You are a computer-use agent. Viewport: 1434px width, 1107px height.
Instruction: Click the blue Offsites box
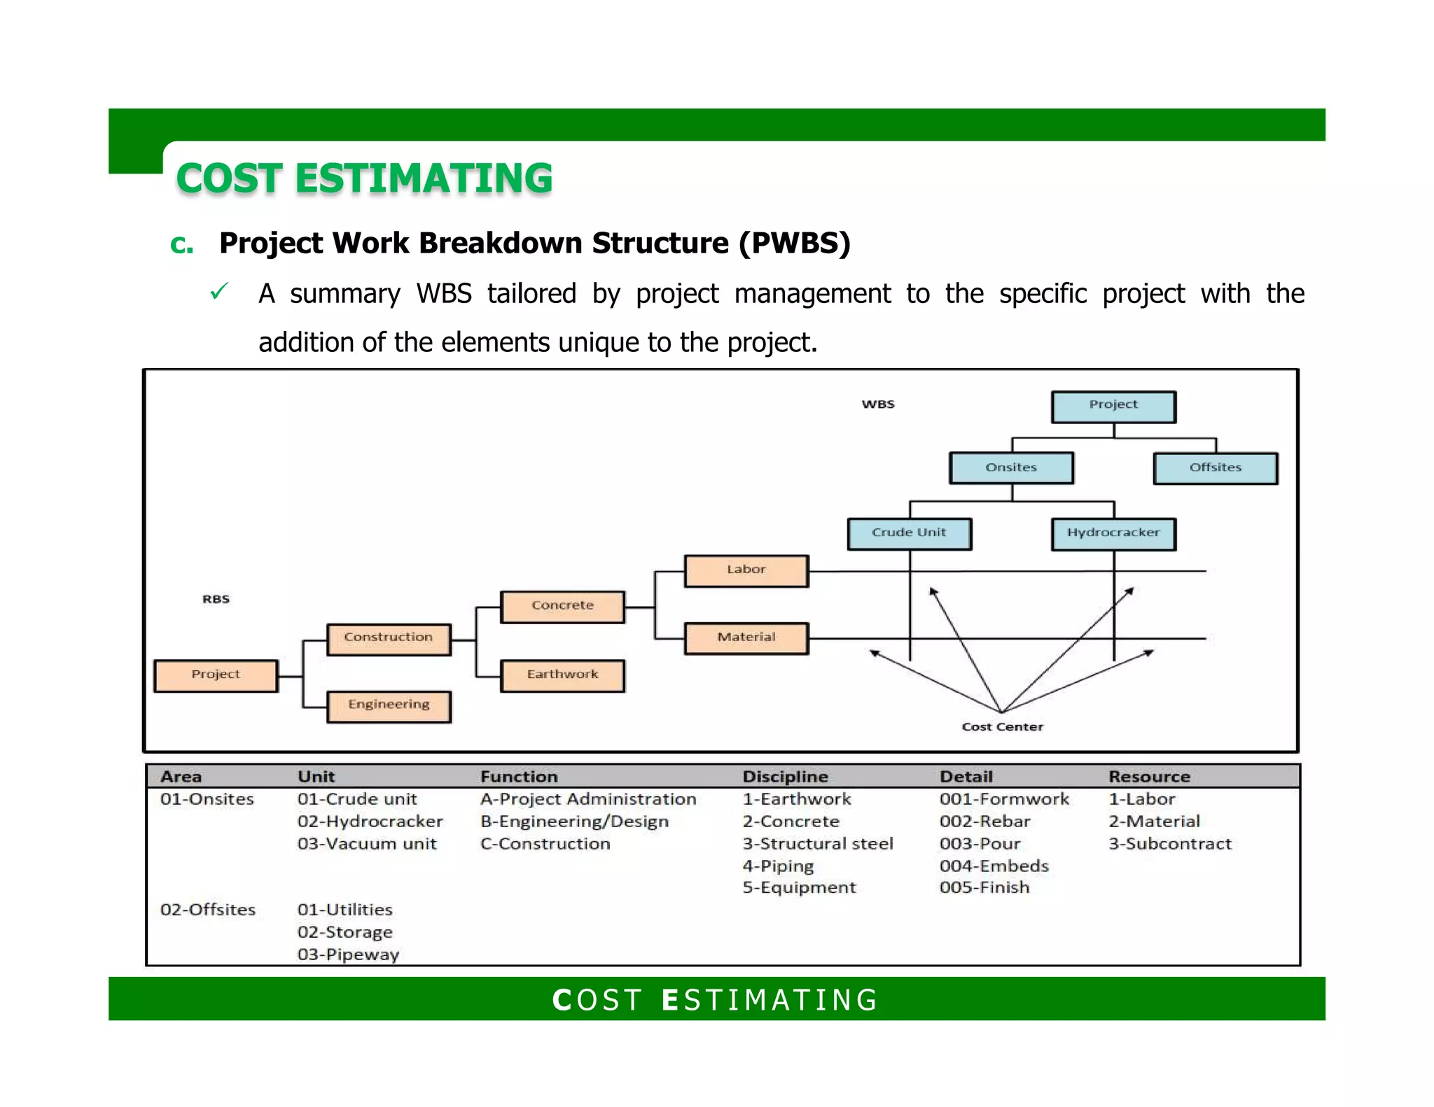tap(1215, 468)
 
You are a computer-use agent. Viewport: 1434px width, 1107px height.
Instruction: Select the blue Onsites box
tap(1011, 468)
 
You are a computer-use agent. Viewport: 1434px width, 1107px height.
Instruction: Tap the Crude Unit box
tap(909, 533)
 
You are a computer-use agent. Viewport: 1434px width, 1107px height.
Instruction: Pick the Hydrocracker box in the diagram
tap(1113, 533)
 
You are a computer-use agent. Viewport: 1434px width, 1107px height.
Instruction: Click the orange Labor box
tap(746, 570)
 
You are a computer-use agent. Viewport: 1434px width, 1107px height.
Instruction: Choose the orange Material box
tap(746, 637)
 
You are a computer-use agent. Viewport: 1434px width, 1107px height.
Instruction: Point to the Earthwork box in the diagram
tap(562, 675)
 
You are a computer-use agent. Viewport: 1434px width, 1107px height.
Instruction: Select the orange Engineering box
tap(389, 705)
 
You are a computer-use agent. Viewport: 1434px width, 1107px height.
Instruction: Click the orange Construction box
tap(389, 638)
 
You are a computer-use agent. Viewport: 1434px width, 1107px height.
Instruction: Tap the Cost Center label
tap(1002, 727)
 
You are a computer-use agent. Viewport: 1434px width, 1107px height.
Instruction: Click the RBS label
tap(216, 599)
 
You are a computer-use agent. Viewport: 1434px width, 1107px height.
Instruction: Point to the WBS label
tap(878, 404)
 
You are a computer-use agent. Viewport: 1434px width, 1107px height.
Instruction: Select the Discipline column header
tap(785, 777)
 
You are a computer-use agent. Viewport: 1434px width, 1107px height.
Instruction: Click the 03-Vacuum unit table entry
tap(366, 844)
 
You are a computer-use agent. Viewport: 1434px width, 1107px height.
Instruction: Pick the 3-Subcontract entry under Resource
tap(1169, 844)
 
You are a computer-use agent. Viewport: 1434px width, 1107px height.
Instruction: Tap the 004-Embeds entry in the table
tap(994, 866)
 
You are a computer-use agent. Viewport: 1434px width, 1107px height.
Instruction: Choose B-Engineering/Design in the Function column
tap(574, 822)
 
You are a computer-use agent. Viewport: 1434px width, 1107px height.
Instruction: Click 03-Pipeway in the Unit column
tap(348, 954)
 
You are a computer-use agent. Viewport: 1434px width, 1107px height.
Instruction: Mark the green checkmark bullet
tap(218, 292)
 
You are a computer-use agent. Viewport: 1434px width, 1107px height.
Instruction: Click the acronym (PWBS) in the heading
tap(794, 244)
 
